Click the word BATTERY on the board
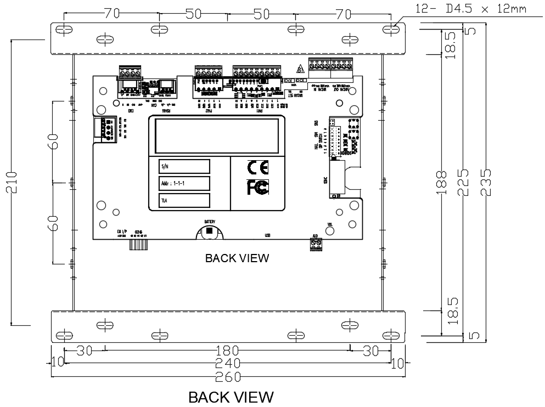[x=210, y=222]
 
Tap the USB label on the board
[x=268, y=235]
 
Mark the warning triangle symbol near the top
[x=300, y=70]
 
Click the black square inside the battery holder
[x=209, y=231]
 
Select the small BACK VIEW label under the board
[x=237, y=258]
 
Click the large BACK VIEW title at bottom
[x=231, y=397]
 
